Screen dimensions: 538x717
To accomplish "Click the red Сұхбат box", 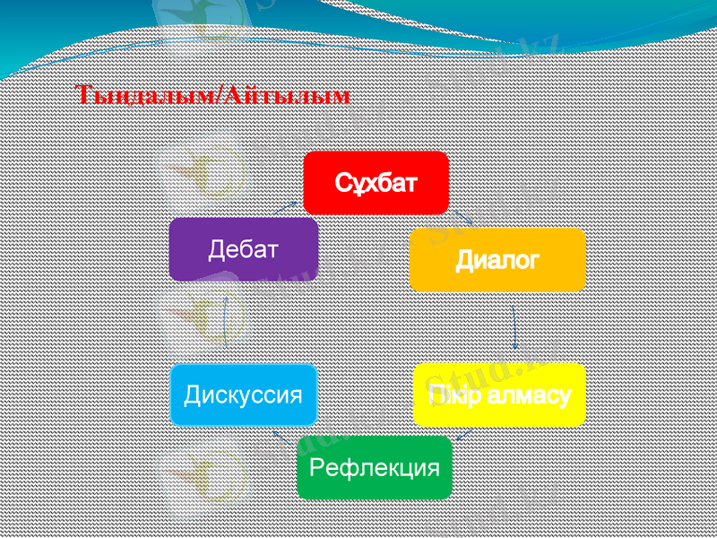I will [376, 182].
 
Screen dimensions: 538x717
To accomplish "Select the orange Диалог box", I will [497, 259].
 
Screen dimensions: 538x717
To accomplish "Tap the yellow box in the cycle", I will [499, 395].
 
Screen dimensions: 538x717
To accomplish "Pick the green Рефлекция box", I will [375, 467].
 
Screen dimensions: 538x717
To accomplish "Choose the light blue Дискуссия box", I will [244, 395].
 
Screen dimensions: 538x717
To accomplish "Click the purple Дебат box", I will [244, 248].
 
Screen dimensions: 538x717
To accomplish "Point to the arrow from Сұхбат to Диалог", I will [462, 217].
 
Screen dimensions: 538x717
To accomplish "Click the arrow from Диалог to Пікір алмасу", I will [514, 327].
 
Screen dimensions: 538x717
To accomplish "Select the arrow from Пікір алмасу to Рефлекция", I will [464, 434].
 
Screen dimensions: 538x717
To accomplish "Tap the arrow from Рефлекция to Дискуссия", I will [280, 437].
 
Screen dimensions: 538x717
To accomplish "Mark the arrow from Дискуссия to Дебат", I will [225, 322].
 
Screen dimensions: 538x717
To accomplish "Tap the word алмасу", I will [530, 395].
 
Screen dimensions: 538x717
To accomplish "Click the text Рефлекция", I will [375, 467].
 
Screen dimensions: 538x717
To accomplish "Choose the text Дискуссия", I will [244, 395].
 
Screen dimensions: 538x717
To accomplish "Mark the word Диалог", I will [497, 260].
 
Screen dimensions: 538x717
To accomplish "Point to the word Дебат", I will [244, 248].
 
